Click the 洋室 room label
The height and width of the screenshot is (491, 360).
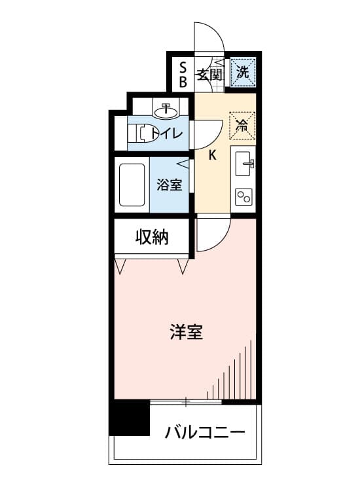coord(187,332)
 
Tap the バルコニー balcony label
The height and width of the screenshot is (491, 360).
coord(205,433)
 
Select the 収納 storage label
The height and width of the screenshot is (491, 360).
coord(152,238)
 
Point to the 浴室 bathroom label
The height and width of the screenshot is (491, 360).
coord(170,185)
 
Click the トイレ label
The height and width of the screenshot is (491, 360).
coord(166,134)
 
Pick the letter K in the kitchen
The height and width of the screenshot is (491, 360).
coord(213,155)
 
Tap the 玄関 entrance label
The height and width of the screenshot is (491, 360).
coord(209,75)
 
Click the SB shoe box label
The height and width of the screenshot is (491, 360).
coord(183,75)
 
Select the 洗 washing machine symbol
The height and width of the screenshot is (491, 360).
coord(243,73)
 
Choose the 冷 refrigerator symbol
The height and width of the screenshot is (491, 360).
coord(242,125)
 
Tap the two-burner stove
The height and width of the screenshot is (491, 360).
coord(244,197)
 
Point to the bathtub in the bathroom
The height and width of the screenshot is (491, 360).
coord(132,185)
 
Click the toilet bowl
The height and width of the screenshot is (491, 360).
coord(143,134)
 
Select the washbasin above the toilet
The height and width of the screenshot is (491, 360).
coord(166,111)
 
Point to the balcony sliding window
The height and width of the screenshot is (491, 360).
coord(186,402)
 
